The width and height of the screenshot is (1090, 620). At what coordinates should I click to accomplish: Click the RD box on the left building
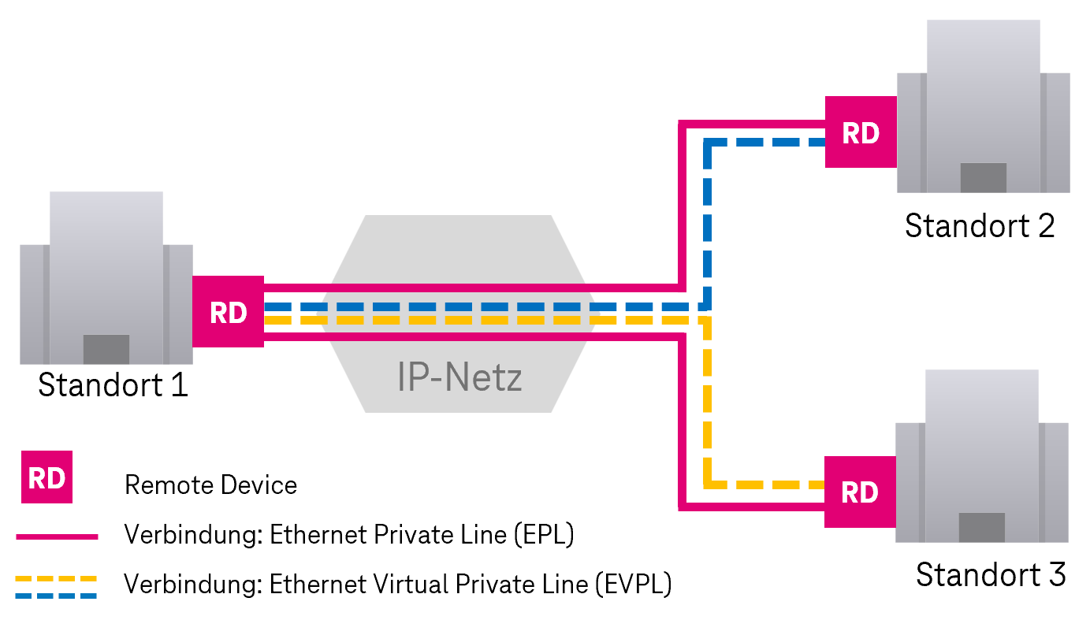[x=228, y=312]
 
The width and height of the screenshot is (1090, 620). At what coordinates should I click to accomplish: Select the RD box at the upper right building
[x=861, y=132]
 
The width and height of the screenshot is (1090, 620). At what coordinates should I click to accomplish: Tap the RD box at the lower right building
[x=860, y=492]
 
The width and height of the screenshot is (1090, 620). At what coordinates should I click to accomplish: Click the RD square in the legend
[x=47, y=477]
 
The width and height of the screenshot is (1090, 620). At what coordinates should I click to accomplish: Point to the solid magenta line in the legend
[x=57, y=536]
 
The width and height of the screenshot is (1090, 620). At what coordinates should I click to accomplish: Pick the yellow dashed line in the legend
[x=56, y=578]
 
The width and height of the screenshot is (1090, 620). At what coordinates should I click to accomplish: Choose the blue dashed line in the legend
[x=56, y=596]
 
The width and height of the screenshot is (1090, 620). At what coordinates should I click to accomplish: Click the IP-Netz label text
[x=459, y=378]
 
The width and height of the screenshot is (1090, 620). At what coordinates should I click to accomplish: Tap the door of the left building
[x=106, y=349]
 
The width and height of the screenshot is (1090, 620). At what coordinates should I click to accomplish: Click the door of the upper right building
[x=983, y=177]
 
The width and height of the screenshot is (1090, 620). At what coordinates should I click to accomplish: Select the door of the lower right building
[x=981, y=527]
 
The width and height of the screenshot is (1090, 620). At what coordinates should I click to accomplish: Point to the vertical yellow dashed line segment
[x=707, y=402]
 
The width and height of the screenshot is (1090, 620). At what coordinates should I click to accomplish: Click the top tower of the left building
[x=106, y=217]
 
